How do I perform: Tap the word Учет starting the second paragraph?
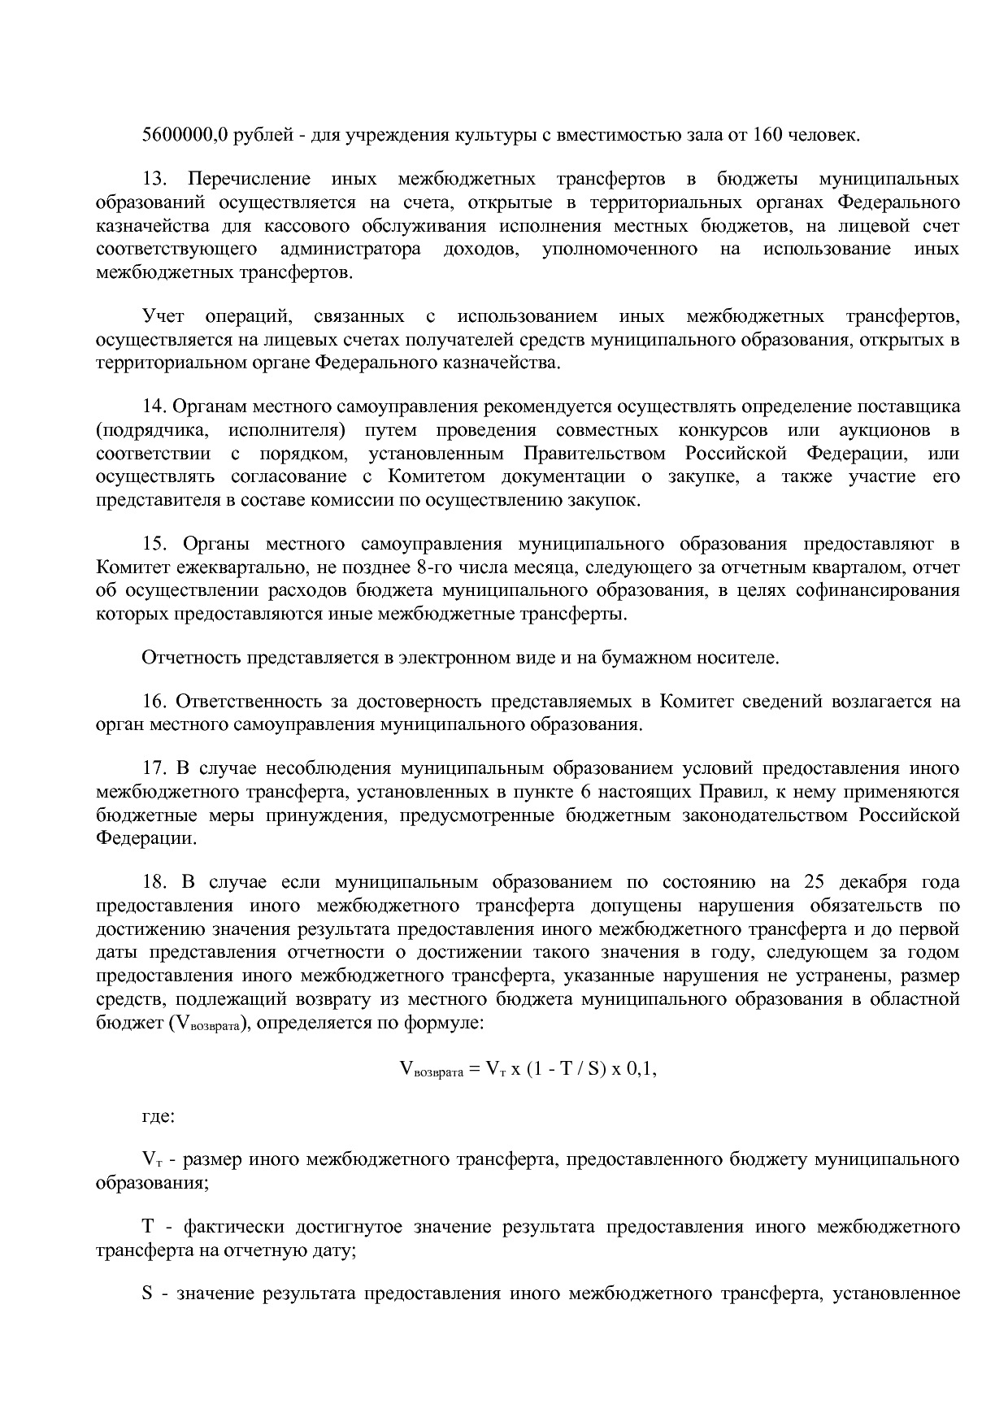163,315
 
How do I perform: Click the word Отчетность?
191,657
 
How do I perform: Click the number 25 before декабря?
815,882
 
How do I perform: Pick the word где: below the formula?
157,1115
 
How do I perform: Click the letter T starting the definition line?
148,1227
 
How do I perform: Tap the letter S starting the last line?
147,1293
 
